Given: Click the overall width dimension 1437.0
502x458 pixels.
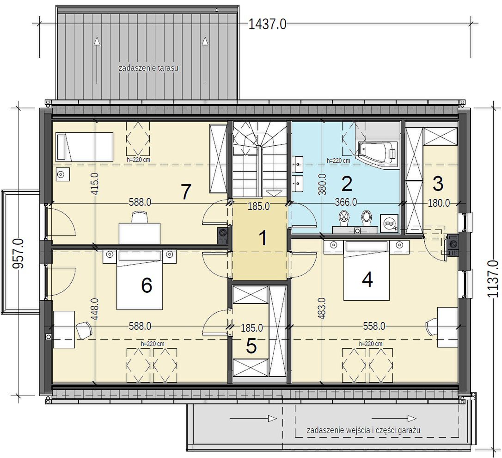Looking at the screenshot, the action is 267,24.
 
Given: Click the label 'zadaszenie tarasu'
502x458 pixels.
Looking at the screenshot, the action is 148,68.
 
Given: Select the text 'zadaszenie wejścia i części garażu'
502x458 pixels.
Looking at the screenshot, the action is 363,430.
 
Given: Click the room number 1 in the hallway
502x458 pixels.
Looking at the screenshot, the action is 263,238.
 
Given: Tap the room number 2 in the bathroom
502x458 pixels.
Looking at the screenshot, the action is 347,183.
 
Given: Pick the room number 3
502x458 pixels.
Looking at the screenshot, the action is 438,184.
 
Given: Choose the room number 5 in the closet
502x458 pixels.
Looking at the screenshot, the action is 251,346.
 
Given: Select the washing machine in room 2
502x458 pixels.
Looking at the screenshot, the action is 389,223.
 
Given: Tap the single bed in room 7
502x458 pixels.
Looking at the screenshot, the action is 85,147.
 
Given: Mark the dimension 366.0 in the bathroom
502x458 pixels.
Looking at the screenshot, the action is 346,203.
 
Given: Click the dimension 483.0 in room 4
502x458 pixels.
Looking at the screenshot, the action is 322,309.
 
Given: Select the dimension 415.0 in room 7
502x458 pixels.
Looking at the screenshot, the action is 95,184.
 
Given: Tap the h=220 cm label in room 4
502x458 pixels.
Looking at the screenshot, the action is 371,344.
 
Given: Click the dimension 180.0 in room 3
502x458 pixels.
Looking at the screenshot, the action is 439,203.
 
